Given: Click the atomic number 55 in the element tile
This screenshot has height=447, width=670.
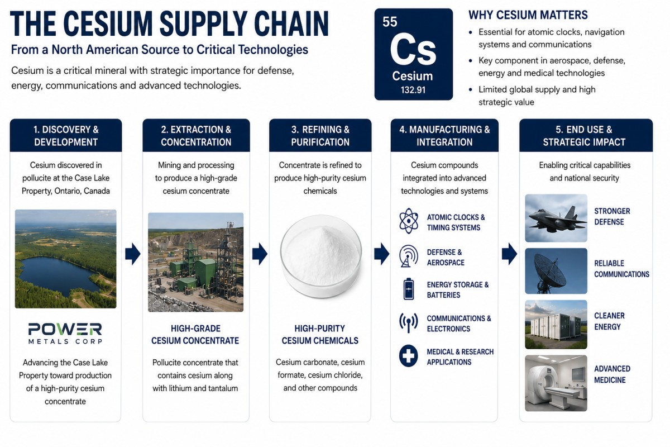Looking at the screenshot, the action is (x=390, y=22).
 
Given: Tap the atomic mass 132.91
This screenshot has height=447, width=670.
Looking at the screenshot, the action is (x=413, y=90).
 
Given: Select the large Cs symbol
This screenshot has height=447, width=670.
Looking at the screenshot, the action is (x=413, y=49).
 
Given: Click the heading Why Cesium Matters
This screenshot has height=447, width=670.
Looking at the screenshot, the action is (x=528, y=15).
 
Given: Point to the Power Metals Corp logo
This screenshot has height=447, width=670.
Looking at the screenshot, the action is (x=65, y=333).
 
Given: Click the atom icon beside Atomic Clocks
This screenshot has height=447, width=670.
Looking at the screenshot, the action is (x=408, y=221).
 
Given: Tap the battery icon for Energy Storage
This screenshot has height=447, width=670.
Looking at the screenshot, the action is (x=409, y=289).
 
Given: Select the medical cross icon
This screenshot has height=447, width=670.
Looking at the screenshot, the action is (x=408, y=356).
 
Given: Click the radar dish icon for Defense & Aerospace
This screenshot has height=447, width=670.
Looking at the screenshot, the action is (x=408, y=256).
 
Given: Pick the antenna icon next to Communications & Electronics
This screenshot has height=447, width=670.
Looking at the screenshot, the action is (x=408, y=323).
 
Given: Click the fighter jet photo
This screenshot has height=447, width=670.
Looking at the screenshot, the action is (x=556, y=218).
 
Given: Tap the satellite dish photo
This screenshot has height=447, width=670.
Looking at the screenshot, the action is (x=556, y=271).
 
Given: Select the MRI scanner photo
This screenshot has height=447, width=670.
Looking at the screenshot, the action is (x=556, y=383).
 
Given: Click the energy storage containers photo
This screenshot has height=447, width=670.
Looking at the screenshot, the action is (x=556, y=325).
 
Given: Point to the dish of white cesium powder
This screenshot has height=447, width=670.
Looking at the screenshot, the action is (x=320, y=256).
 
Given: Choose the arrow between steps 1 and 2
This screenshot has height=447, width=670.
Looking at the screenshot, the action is (x=132, y=254).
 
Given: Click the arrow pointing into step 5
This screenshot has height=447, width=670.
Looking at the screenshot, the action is (x=509, y=254).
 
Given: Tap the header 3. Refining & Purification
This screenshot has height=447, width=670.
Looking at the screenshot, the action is (x=320, y=136).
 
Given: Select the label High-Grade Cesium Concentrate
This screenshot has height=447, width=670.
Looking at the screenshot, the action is (x=195, y=335).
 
